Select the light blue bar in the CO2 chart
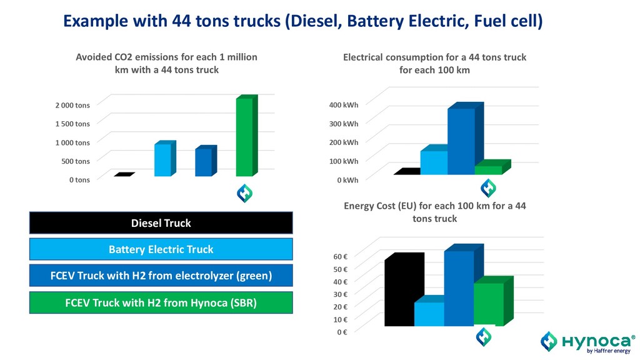coord(162,159)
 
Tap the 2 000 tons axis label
coord(71,104)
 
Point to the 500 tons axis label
coord(74,161)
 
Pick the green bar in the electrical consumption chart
coord(489,169)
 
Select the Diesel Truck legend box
coord(161,223)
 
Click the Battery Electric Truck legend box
coord(161,249)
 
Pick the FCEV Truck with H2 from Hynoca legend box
coord(161,302)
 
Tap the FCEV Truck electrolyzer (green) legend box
coord(161,276)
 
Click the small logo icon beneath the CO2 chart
coord(244,194)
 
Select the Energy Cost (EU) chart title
coord(434,212)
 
